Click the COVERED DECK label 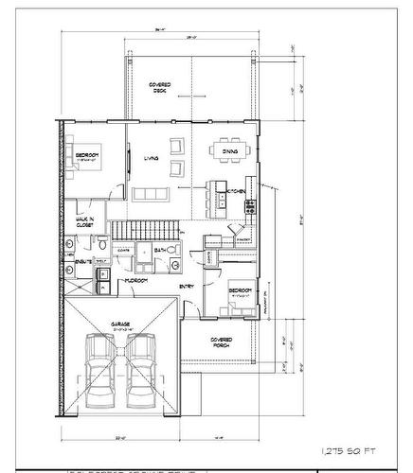158,88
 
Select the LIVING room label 150,159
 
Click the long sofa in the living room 152,194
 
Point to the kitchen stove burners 249,206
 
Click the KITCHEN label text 236,191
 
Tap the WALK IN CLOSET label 86,223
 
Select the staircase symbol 144,230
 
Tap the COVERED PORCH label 220,342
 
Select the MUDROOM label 135,281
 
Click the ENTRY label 188,285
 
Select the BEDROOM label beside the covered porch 239,290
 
